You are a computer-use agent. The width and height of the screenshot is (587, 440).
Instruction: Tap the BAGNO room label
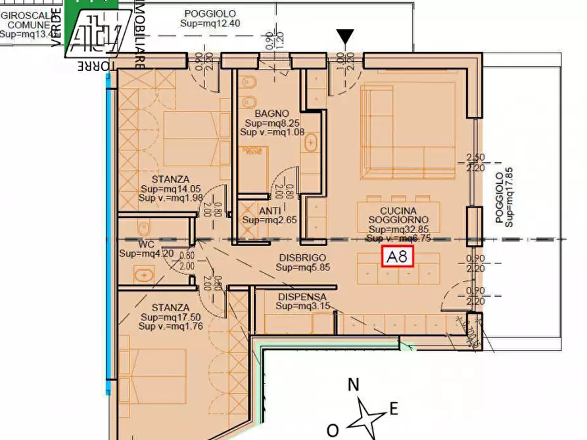pos(268,114)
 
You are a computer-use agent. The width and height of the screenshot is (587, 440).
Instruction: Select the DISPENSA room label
pos(302,297)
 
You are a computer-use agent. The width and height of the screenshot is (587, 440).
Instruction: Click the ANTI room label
pos(270,211)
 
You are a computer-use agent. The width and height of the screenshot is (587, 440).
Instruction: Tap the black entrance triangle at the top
pos(345,37)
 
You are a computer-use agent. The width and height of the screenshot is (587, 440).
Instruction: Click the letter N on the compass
pos(353,385)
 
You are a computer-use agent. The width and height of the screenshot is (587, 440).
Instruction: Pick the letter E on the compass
pos(393,409)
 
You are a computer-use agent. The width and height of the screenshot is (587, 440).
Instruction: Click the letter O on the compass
pos(333,430)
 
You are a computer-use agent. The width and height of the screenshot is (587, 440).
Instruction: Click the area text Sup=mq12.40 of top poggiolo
pos(209,24)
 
